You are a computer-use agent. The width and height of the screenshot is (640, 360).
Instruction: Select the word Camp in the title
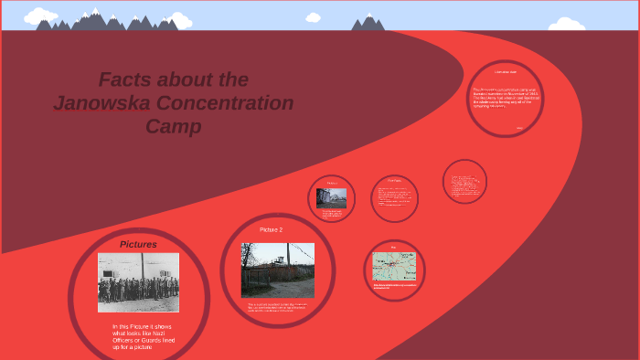[x=173, y=127]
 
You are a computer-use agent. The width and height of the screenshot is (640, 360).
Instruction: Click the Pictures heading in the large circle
[x=138, y=245]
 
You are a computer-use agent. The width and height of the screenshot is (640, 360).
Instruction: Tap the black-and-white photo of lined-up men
[x=138, y=282]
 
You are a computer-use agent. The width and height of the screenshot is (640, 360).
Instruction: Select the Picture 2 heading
[x=271, y=229]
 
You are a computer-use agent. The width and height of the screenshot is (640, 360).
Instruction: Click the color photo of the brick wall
[x=277, y=270]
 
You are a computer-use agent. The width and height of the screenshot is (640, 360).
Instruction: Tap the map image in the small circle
[x=393, y=267]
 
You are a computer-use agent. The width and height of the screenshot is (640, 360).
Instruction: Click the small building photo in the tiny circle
[x=331, y=197]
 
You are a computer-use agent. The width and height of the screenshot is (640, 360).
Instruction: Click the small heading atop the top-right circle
[x=506, y=71]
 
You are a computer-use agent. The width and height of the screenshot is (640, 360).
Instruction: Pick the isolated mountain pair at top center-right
[x=368, y=23]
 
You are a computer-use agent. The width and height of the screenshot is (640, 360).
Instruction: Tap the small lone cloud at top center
[x=314, y=17]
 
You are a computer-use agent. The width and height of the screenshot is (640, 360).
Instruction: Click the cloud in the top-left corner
[x=40, y=16]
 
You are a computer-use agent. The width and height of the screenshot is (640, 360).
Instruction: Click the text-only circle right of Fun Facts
[x=464, y=182]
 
